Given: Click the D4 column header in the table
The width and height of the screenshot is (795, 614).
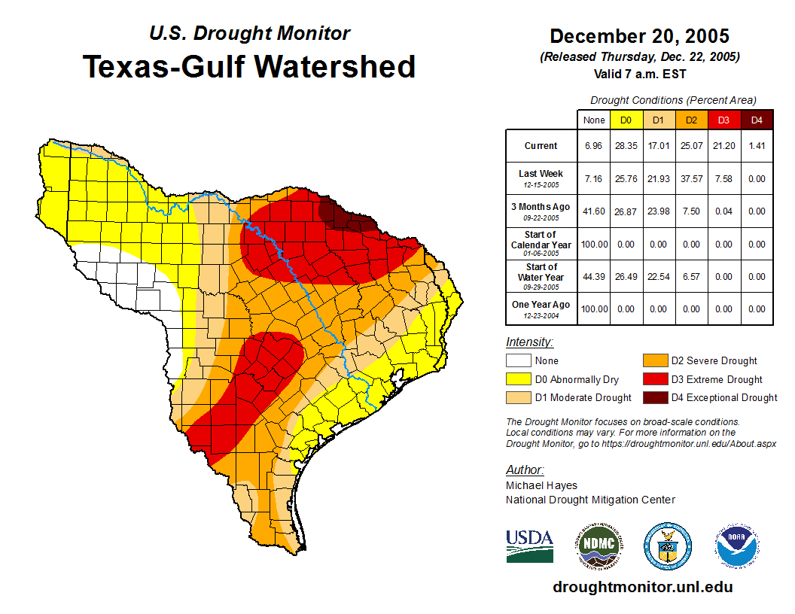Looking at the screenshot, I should point(757,120).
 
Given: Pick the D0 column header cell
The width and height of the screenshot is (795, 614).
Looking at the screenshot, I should point(626,120).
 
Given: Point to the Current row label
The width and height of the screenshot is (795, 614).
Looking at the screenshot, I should point(541,146).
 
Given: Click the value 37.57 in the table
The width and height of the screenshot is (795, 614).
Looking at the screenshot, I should point(691,179).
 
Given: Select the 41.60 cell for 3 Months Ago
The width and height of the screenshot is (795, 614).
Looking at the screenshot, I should point(593,211).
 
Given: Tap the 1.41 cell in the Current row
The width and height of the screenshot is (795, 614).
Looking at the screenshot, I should point(757,146).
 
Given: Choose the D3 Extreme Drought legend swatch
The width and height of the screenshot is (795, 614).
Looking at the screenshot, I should point(654,379).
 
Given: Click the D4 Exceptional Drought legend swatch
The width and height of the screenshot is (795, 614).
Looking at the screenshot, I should point(654,397).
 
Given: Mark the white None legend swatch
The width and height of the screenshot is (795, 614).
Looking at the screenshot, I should point(518,361).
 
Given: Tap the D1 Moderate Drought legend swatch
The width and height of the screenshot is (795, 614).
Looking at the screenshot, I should point(518,397).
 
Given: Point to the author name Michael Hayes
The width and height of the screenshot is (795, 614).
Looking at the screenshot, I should point(541,485).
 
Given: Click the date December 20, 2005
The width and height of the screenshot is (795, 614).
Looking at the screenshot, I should point(639,36).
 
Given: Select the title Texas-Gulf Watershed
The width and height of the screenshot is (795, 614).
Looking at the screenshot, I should point(249,66).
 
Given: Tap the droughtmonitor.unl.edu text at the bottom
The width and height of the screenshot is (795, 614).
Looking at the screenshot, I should point(642,587).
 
